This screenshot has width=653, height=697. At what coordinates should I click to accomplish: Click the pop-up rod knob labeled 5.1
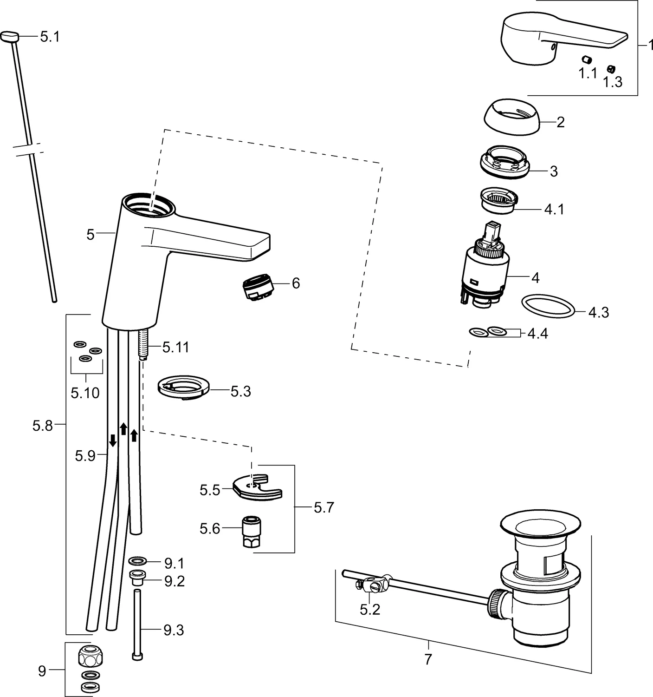pyautogui.click(x=9, y=36)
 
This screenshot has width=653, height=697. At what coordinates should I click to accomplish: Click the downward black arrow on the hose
pyautogui.click(x=112, y=440)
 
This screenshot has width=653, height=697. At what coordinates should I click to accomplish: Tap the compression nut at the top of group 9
pyautogui.click(x=91, y=657)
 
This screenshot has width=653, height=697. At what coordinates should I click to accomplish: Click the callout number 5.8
pyautogui.click(x=43, y=425)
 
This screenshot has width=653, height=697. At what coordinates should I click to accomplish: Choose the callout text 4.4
pyautogui.click(x=537, y=334)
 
